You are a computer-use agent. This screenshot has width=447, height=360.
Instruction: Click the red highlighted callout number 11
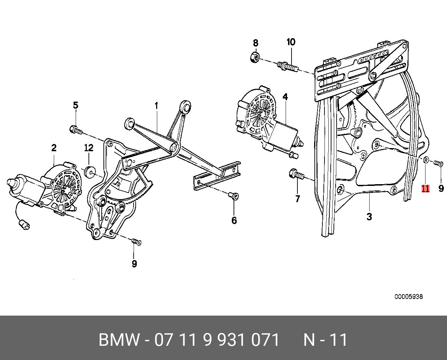(x=425, y=189)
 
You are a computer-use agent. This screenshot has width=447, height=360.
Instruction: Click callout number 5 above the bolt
(x=75, y=105)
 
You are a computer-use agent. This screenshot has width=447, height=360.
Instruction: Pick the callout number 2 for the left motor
(x=54, y=148)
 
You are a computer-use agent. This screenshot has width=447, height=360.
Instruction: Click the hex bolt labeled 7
(x=294, y=173)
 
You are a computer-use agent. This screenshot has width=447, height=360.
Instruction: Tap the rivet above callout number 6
(x=234, y=197)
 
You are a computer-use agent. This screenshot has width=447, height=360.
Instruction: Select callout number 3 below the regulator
(x=369, y=217)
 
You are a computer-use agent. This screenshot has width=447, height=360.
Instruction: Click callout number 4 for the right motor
(x=285, y=97)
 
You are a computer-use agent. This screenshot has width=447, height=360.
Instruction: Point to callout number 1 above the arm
(x=157, y=105)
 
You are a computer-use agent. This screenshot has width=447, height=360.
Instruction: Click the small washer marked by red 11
(x=426, y=160)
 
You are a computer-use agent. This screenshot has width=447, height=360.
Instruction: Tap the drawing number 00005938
(x=408, y=297)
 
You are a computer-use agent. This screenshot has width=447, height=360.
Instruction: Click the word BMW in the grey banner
(x=119, y=340)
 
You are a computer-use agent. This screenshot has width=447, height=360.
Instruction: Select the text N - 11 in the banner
(x=326, y=340)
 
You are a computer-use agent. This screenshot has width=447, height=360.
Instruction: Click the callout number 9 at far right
(x=441, y=188)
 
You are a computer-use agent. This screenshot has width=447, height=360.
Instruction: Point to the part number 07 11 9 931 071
(x=217, y=340)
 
